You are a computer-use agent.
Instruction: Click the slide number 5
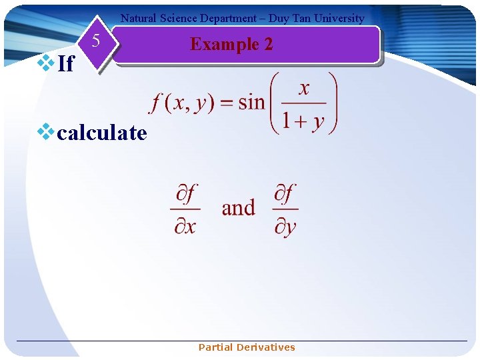pos(96,41)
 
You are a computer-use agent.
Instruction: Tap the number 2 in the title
pos(267,44)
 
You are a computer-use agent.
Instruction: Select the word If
pos(65,64)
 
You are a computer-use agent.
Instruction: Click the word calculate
pos(101,133)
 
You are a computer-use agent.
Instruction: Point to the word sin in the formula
pos(251,102)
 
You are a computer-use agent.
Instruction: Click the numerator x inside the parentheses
pos(304,89)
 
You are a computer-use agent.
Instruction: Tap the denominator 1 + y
pos(303,122)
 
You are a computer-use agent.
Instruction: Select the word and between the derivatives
pos(238,208)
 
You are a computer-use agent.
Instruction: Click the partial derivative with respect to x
pos(185,209)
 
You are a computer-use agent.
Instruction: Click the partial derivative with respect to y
pos(285,209)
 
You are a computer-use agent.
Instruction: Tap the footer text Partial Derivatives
pos(247,347)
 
